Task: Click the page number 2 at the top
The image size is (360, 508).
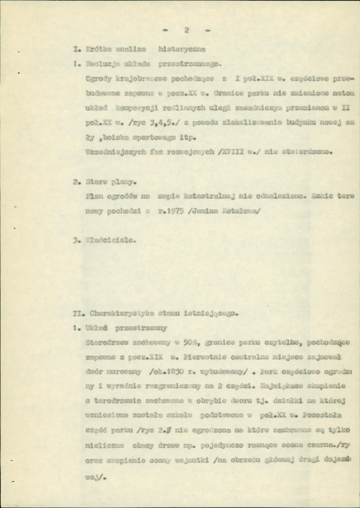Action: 186,31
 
